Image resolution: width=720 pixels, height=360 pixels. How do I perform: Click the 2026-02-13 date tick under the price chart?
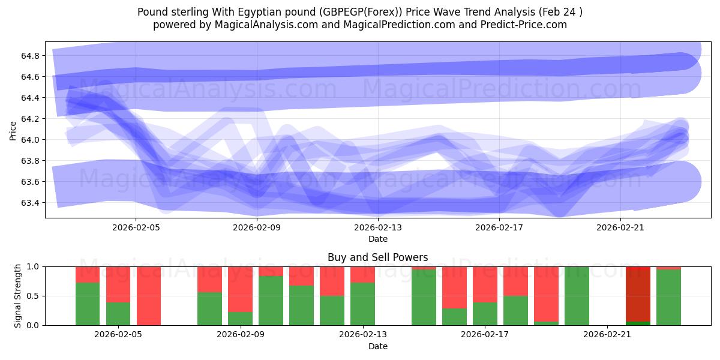point(378,227)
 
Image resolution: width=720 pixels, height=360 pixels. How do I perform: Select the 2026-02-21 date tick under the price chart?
point(620,227)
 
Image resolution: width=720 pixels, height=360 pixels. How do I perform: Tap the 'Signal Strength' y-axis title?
point(18,296)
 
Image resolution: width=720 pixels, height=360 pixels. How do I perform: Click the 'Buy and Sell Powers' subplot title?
point(377,257)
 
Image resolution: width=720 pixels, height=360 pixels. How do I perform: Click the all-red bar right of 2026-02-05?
point(149,296)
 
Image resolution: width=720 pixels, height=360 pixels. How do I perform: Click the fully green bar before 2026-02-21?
point(577,296)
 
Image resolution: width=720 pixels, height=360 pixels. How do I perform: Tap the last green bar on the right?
point(668,298)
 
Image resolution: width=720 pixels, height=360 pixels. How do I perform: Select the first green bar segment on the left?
point(88,304)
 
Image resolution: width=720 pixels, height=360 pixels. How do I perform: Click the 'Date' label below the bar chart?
point(377,346)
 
